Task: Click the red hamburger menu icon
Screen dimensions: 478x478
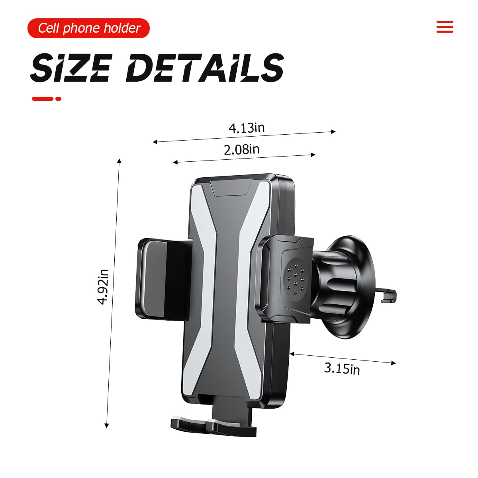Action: [x=445, y=27]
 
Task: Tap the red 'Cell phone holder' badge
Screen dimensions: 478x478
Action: [x=88, y=28]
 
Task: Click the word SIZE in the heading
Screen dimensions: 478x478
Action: [x=71, y=67]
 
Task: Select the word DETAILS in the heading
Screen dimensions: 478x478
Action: [x=205, y=67]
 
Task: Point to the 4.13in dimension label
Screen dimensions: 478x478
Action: [x=247, y=128]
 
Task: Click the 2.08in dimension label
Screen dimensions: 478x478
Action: [x=242, y=150]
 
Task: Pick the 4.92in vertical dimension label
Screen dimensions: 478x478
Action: [x=103, y=286]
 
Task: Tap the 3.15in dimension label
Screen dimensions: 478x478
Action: [x=342, y=368]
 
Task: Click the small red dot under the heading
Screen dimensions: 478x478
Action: [x=58, y=99]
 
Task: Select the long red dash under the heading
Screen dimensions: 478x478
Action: [x=42, y=99]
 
